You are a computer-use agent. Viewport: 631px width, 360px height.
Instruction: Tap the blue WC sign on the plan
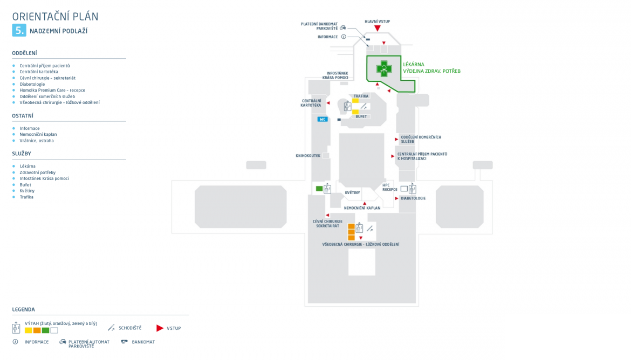click(x=323, y=119)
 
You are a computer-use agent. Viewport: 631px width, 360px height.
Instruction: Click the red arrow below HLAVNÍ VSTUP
click(x=378, y=28)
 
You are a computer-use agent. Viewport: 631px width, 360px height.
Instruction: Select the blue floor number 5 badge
click(x=19, y=31)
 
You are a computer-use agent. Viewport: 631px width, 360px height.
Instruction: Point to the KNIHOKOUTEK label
click(x=308, y=156)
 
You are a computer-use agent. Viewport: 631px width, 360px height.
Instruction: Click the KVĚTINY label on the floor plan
click(x=352, y=192)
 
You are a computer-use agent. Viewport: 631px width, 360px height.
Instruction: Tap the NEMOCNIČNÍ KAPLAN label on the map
click(x=362, y=208)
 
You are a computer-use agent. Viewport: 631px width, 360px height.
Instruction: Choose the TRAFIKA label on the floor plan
click(x=361, y=96)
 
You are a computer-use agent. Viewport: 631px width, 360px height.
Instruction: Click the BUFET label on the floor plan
click(x=361, y=116)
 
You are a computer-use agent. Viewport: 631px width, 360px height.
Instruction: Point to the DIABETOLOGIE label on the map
click(x=413, y=198)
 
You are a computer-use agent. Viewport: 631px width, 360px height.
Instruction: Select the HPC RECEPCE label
click(x=389, y=187)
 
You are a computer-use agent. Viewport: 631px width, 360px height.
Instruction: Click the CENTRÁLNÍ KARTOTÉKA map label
click(x=311, y=103)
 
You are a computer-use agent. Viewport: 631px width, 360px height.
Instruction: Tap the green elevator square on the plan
click(x=319, y=189)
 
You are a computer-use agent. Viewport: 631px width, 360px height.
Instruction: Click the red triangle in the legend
click(x=160, y=328)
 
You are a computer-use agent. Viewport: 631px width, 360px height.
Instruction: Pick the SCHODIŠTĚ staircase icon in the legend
click(x=112, y=328)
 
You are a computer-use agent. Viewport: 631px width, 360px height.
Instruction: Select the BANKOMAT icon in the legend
click(x=125, y=342)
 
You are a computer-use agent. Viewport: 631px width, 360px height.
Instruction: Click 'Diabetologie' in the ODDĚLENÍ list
click(x=32, y=84)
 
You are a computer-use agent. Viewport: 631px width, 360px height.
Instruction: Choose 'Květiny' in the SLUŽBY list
click(x=27, y=191)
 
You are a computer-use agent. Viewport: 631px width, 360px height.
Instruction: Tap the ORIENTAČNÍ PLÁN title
click(x=55, y=17)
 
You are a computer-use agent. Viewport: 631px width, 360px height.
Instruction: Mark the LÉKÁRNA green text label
click(x=414, y=65)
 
